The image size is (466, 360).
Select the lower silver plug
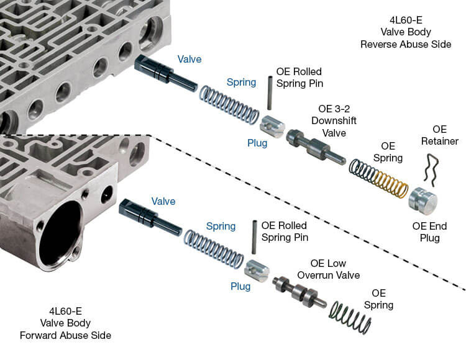[256, 269]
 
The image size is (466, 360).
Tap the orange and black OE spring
[378, 178]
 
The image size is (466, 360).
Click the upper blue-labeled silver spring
[229, 105]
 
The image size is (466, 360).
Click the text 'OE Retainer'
[439, 135]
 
